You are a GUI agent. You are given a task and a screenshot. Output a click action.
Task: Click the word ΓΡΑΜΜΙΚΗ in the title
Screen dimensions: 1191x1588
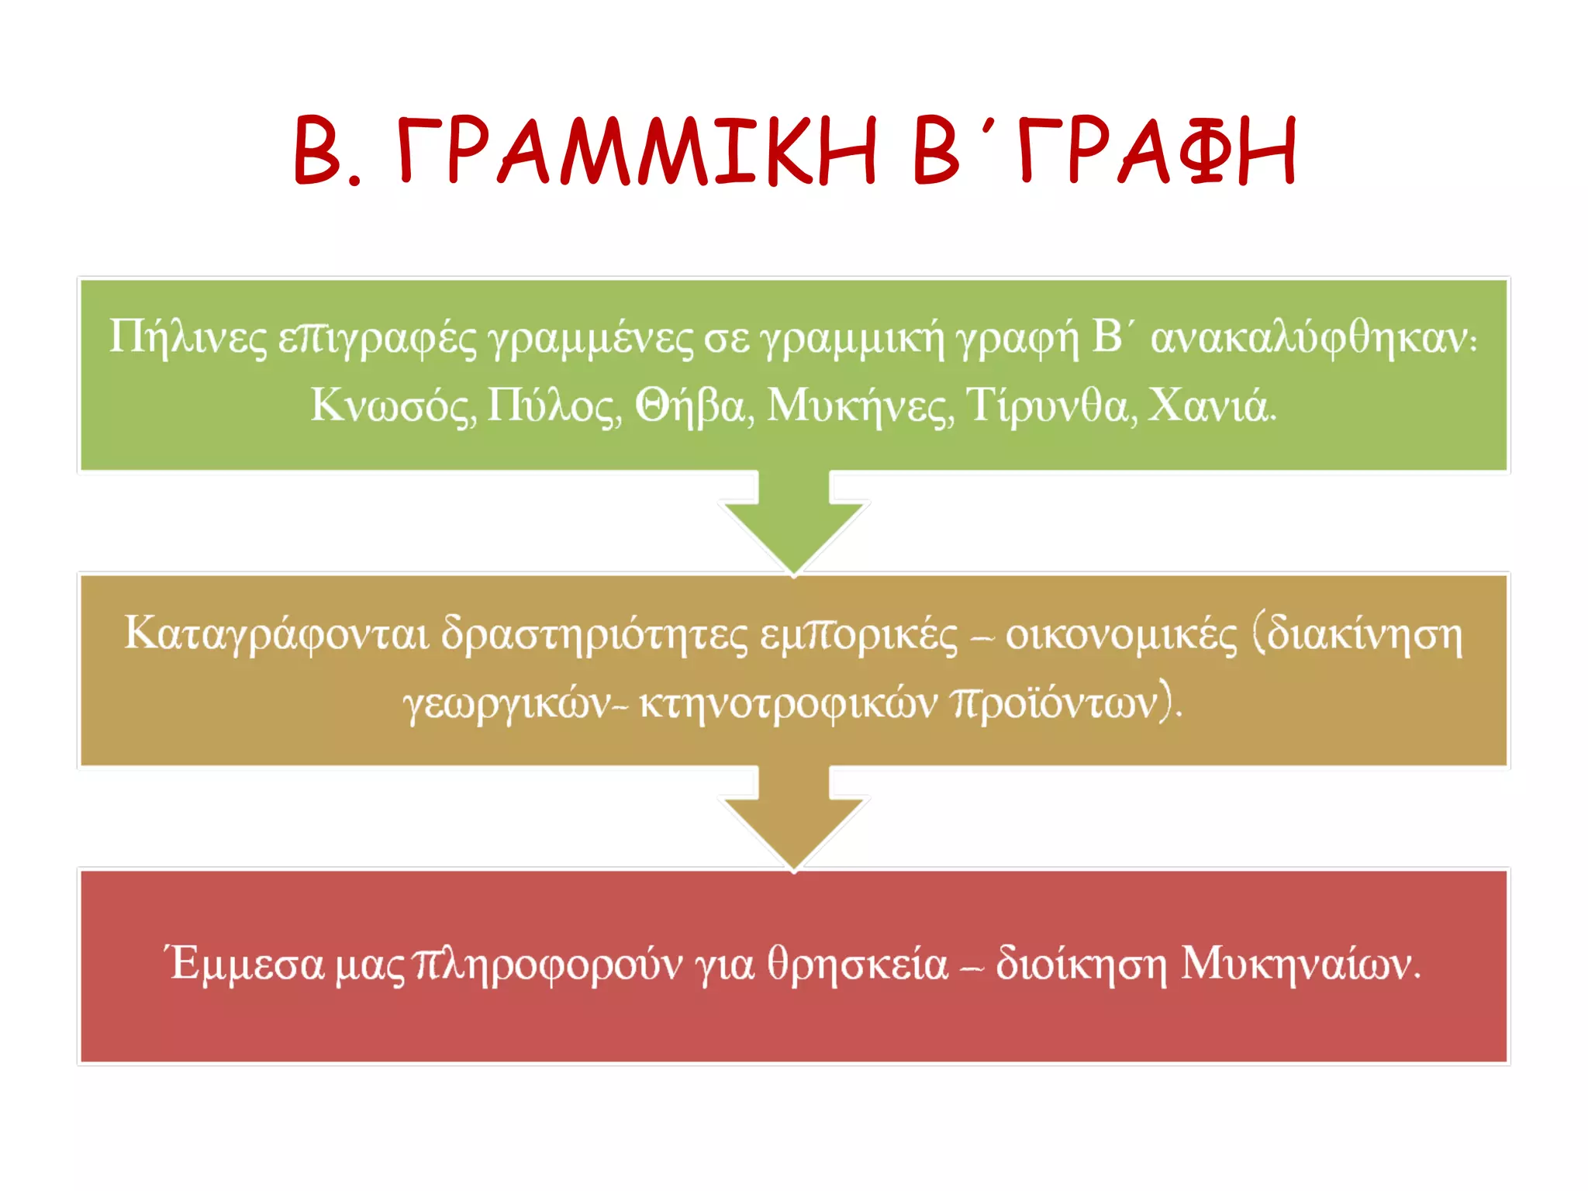tap(637, 151)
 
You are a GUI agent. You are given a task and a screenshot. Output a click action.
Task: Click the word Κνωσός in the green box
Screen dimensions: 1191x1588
tap(394, 406)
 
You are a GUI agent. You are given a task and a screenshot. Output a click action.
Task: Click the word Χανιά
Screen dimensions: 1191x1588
tap(1211, 406)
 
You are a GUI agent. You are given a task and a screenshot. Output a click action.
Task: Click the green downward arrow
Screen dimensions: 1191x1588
tap(793, 527)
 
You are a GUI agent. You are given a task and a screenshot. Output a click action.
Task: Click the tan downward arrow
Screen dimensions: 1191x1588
tap(793, 822)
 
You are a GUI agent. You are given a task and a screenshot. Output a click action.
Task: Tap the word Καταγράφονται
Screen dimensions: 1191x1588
tap(276, 634)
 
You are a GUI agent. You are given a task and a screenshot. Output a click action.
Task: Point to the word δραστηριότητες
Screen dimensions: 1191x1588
tap(595, 634)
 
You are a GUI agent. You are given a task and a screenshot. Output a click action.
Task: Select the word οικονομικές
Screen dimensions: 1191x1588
tap(1121, 634)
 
